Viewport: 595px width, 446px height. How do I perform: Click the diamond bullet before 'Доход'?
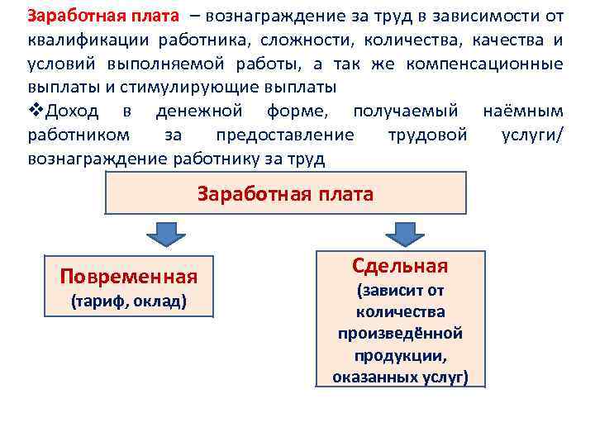click(36, 111)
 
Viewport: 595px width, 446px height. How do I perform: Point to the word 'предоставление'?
click(284, 135)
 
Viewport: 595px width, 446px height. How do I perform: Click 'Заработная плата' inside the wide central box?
click(285, 194)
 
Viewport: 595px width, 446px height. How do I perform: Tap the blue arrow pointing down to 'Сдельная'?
click(404, 234)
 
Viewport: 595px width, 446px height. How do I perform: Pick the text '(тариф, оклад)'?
click(129, 301)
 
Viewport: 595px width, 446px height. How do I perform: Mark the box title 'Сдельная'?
click(400, 266)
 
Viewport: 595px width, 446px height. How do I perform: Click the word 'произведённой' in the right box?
click(400, 334)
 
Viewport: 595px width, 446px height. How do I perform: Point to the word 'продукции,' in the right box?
click(400, 355)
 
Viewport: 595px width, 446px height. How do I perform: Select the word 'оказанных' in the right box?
click(371, 377)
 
